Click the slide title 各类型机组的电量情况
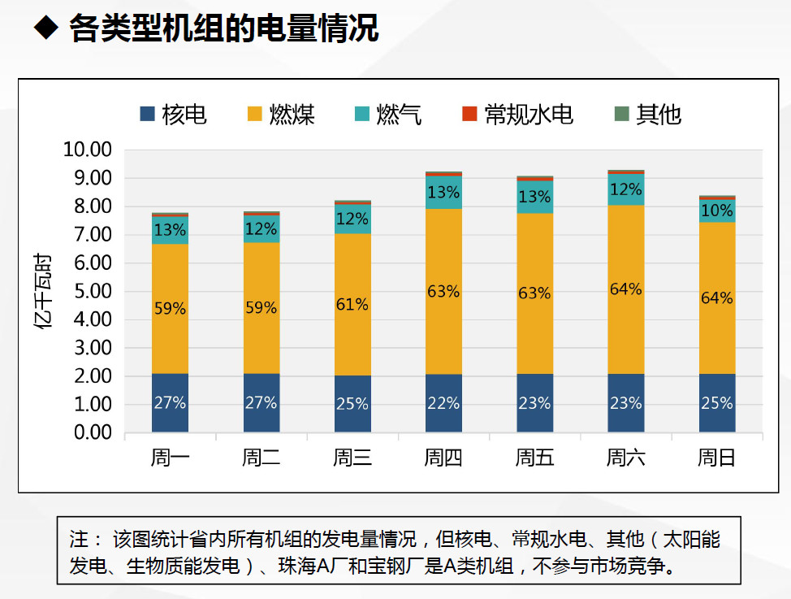223,29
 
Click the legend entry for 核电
174,115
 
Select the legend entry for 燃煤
281,115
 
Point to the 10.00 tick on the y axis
87,150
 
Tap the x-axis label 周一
170,458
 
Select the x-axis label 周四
443,458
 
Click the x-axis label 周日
716,458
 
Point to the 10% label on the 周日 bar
716,210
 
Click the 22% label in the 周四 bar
443,403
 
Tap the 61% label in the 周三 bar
352,305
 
